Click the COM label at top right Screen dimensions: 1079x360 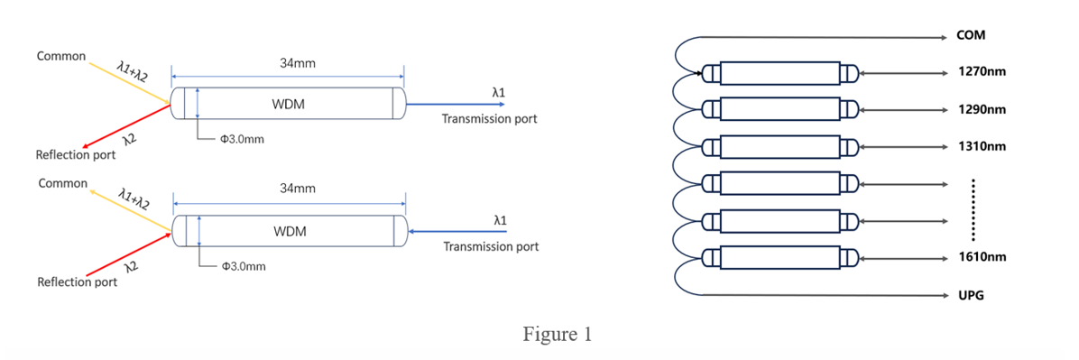[x=971, y=35]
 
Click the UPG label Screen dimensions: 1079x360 [x=971, y=295]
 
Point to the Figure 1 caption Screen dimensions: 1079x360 [x=558, y=336]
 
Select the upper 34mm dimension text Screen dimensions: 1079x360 [x=288, y=65]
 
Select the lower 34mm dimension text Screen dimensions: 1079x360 [x=289, y=191]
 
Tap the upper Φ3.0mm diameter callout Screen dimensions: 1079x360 [x=242, y=139]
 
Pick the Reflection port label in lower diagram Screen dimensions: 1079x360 [x=77, y=282]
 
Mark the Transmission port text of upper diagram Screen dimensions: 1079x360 [x=489, y=120]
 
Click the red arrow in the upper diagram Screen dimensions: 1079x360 [x=126, y=126]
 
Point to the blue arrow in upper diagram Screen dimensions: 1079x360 [x=455, y=105]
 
